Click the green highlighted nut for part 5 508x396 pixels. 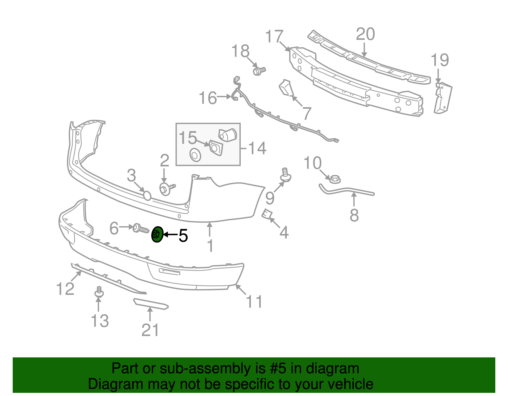pos(157,235)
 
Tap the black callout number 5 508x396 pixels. pos(183,235)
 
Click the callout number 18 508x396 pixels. pos(240,51)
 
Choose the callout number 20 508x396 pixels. pos(365,34)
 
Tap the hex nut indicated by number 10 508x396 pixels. pos(334,179)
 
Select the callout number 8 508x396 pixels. pos(354,215)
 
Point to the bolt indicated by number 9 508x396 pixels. pos(286,175)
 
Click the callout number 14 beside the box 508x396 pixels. pos(257,148)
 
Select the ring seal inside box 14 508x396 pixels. pos(195,155)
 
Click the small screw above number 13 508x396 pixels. pos(99,292)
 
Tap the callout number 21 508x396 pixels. pos(150,330)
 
